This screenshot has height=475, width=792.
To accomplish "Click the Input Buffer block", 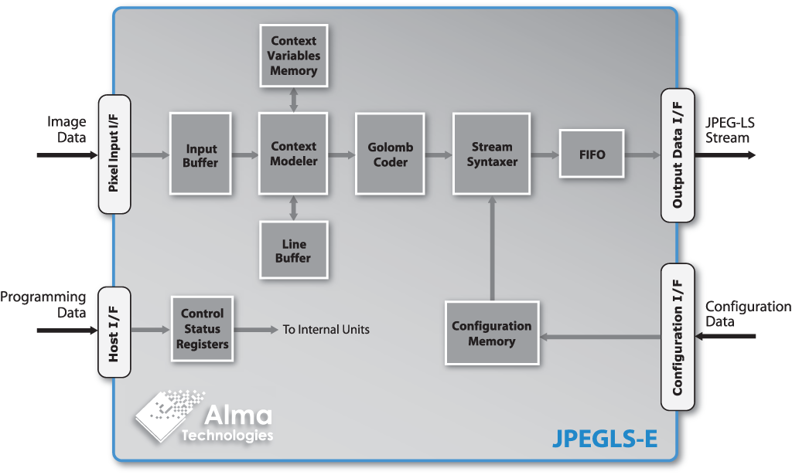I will pos(200,154).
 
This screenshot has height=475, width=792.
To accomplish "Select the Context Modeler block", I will pos(293,154).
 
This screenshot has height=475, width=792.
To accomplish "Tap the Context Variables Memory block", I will pos(293,56).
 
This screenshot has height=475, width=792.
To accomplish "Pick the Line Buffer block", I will pos(293,250).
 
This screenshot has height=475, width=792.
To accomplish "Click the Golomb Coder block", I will pos(391,154).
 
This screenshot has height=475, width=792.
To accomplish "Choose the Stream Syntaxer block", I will pos(491,154).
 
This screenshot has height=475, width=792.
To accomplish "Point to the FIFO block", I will pos(592,154).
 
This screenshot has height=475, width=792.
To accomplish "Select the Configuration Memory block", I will pos(491,334).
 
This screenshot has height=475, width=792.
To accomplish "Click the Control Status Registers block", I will pos(202,329).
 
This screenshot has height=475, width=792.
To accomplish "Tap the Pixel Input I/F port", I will pos(114,154).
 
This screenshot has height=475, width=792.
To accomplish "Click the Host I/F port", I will pos(114,332).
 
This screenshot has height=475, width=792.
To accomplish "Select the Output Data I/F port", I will pos(677,155).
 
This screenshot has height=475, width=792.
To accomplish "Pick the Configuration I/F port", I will pos(677,337).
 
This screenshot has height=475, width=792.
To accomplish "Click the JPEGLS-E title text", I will pos(606,439).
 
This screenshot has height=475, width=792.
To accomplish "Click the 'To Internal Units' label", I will pos(326,330).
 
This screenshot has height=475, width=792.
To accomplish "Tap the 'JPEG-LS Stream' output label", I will pos(728,131).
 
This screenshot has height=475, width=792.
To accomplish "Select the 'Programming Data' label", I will pos(43,304).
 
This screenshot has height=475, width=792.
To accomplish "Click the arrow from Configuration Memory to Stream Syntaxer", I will pos(491,247).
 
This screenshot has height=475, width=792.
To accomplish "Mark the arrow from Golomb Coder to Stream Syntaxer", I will pos(439,154).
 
